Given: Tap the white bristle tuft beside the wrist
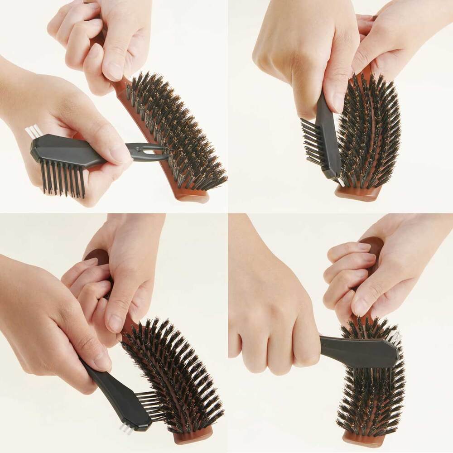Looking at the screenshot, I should coord(34,131).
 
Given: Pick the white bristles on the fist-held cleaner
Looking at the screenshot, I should coord(394,338).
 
